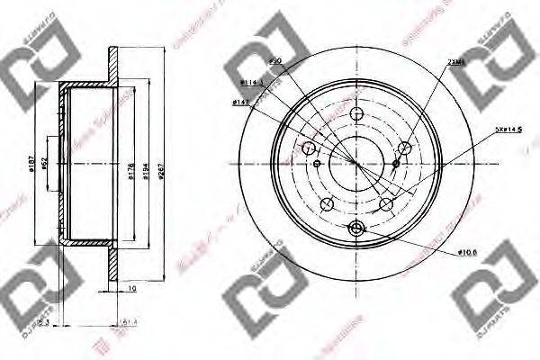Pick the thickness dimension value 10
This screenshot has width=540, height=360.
click(x=131, y=289)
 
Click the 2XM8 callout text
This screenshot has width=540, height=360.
click(x=454, y=64)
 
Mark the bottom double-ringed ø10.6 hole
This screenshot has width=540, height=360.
click(x=356, y=228)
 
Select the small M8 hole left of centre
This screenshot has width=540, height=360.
click(x=318, y=164)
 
